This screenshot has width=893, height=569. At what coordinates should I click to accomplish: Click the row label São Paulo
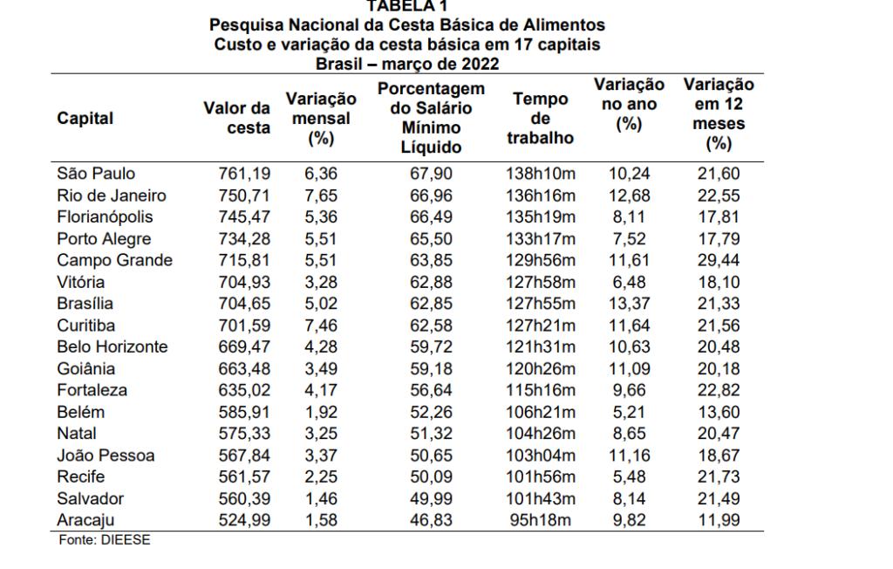click(x=96, y=174)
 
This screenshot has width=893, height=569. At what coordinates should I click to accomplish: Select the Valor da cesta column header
click(x=237, y=119)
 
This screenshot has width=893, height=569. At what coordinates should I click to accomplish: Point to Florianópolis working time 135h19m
click(x=541, y=217)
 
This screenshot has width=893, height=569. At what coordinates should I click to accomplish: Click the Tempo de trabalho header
click(x=541, y=119)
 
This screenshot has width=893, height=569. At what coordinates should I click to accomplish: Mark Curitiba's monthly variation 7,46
click(x=320, y=326)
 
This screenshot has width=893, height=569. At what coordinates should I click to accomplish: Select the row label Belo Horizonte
click(x=112, y=347)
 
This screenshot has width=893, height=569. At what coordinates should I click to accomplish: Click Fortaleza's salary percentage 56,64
click(x=432, y=390)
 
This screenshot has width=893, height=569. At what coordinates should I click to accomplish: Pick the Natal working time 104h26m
click(x=541, y=434)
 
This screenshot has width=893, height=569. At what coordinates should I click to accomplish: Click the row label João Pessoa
click(x=106, y=456)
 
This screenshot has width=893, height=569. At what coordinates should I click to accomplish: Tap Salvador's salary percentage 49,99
click(x=432, y=498)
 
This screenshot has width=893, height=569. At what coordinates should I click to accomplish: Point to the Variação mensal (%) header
click(x=320, y=119)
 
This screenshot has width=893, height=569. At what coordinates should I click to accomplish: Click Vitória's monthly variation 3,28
click(x=320, y=282)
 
